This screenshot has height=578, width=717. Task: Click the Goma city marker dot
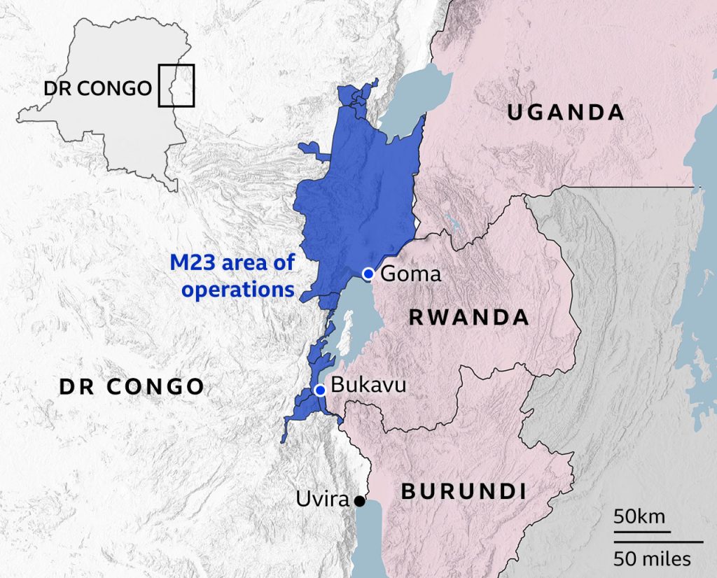(368, 273)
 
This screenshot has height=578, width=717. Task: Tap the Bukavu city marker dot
(320, 390)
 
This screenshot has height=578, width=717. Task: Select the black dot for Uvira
(359, 501)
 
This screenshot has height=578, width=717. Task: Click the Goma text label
(410, 274)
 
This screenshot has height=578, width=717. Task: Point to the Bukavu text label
(368, 385)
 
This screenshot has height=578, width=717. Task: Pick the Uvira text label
(322, 500)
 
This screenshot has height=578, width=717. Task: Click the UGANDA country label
(565, 112)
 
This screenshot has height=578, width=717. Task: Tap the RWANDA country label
(468, 318)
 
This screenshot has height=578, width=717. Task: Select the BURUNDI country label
(464, 491)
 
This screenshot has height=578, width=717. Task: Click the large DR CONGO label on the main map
(131, 386)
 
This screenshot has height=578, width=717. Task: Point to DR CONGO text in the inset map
(97, 88)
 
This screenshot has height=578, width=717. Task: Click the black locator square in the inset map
(176, 85)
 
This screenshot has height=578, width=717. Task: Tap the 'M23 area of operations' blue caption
(232, 276)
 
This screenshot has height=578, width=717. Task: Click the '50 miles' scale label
(653, 559)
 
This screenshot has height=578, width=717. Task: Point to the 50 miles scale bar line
(658, 542)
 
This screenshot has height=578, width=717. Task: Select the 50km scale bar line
(642, 533)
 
